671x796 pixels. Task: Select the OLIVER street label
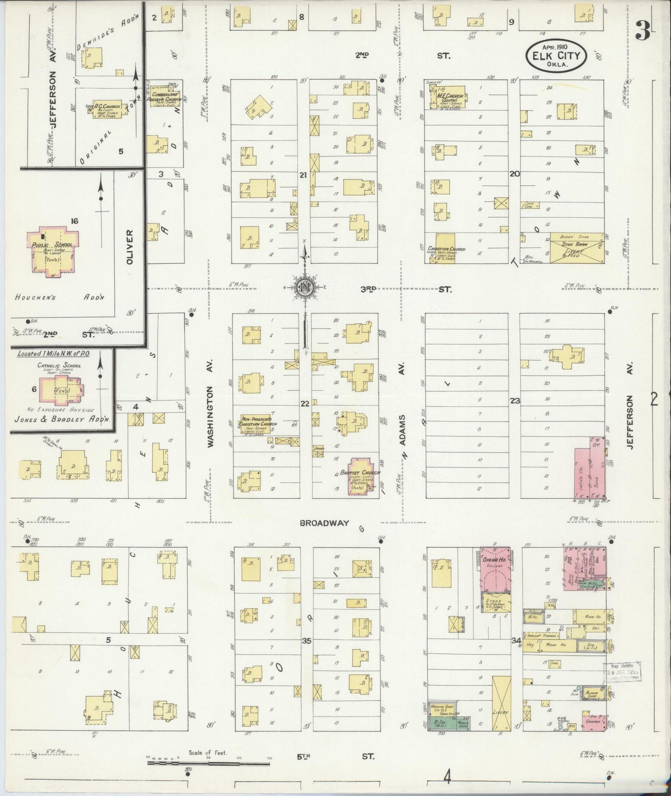click(x=130, y=247)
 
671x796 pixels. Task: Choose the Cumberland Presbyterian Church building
click(x=164, y=98)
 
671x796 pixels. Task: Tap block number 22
click(x=305, y=403)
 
